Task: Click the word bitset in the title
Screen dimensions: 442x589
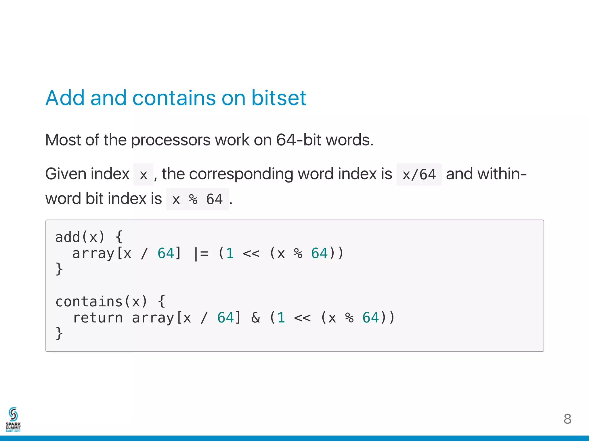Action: pyautogui.click(x=278, y=98)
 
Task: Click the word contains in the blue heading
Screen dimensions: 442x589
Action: pyautogui.click(x=174, y=98)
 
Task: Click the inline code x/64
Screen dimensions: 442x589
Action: pyautogui.click(x=419, y=175)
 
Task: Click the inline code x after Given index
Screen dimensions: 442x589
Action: pyautogui.click(x=143, y=175)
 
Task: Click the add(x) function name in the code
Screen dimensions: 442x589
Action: pyautogui.click(x=80, y=237)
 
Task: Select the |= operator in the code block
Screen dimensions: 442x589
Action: pyautogui.click(x=201, y=254)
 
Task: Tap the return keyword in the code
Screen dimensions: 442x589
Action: pyautogui.click(x=98, y=318)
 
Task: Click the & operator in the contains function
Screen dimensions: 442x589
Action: pyautogui.click(x=255, y=318)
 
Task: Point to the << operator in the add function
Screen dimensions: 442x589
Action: pyautogui.click(x=251, y=254)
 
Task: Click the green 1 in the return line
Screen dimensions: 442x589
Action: pyautogui.click(x=281, y=318)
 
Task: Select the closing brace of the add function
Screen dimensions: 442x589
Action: pyautogui.click(x=59, y=269)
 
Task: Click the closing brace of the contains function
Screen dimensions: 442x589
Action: pyautogui.click(x=59, y=333)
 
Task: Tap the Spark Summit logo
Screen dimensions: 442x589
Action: pyautogui.click(x=13, y=419)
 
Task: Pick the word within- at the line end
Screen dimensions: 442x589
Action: pyautogui.click(x=486, y=174)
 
